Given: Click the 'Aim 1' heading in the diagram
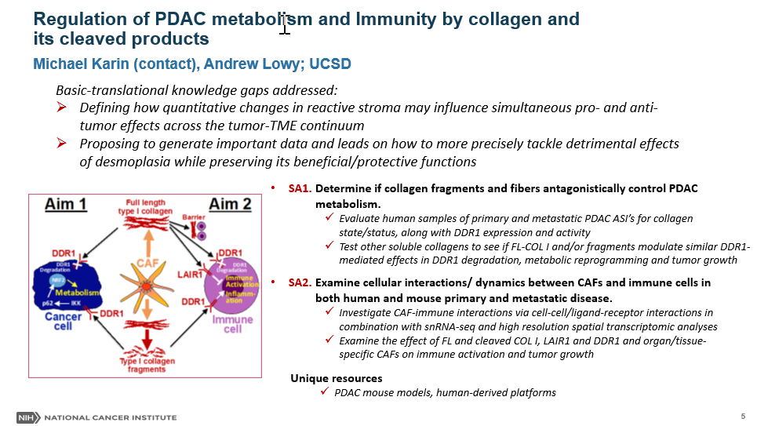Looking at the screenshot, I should pyautogui.click(x=67, y=205).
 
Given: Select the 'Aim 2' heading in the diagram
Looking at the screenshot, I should pyautogui.click(x=230, y=205).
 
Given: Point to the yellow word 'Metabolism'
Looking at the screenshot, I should pyautogui.click(x=81, y=292).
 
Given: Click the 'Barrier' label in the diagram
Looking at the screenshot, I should pyautogui.click(x=192, y=217).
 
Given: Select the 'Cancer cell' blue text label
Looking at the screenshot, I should pyautogui.click(x=62, y=322).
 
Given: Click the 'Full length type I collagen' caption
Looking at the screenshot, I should pyautogui.click(x=144, y=208).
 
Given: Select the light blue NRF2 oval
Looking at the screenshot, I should pyautogui.click(x=57, y=280).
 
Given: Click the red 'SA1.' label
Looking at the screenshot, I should pyautogui.click(x=300, y=189).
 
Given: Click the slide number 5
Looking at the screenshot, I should pyautogui.click(x=742, y=415).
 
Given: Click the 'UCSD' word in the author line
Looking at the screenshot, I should pyautogui.click(x=331, y=64).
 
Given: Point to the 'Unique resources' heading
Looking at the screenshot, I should pyautogui.click(x=337, y=378).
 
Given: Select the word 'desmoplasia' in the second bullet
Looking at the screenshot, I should pyautogui.click(x=114, y=162).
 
